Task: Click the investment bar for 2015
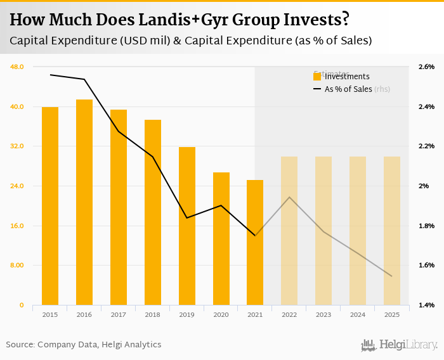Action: point(50,206)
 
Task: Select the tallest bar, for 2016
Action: point(84,202)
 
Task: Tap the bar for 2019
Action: point(187,226)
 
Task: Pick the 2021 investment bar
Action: point(255,242)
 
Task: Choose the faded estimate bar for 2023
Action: point(323,231)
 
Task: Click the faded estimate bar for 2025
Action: point(392,231)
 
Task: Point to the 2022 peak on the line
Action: point(289,197)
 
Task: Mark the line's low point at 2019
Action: point(187,218)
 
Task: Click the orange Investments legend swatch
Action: point(317,77)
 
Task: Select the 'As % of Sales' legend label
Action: point(348,89)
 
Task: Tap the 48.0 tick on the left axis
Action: point(17,67)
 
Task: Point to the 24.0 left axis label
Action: point(17,186)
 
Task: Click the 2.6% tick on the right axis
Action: point(426,67)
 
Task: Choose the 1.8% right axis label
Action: point(426,226)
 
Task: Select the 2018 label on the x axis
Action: point(153,314)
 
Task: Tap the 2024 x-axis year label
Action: point(358,314)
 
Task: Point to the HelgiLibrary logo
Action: point(399,345)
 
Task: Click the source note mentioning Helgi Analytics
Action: point(84,345)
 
